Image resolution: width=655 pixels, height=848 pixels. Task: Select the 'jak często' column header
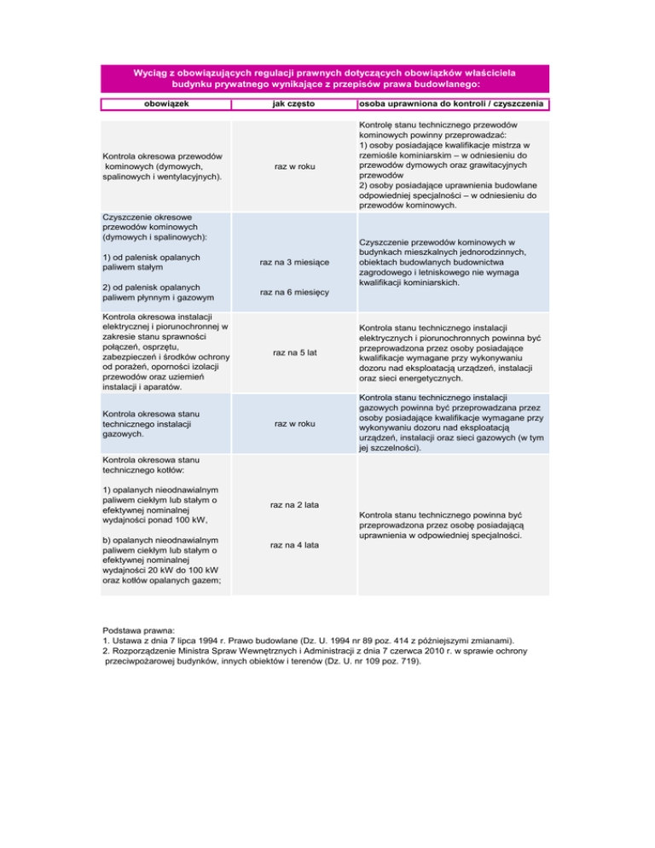pos(294,104)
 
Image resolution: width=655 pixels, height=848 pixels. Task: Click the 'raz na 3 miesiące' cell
pos(294,264)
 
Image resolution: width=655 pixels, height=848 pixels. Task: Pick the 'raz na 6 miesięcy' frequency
pos(294,293)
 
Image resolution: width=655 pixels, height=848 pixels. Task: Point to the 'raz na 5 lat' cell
pos(294,351)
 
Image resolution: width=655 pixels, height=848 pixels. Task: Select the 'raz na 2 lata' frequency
pos(294,506)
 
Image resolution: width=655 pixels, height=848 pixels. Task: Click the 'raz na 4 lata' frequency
pos(294,544)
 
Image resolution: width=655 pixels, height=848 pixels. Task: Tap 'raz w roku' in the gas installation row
pos(294,423)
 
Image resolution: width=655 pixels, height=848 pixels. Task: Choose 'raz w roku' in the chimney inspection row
pos(294,167)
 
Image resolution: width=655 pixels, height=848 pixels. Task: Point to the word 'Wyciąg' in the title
pos(150,73)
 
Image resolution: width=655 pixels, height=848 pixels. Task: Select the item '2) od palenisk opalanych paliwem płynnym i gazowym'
pos(156,293)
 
